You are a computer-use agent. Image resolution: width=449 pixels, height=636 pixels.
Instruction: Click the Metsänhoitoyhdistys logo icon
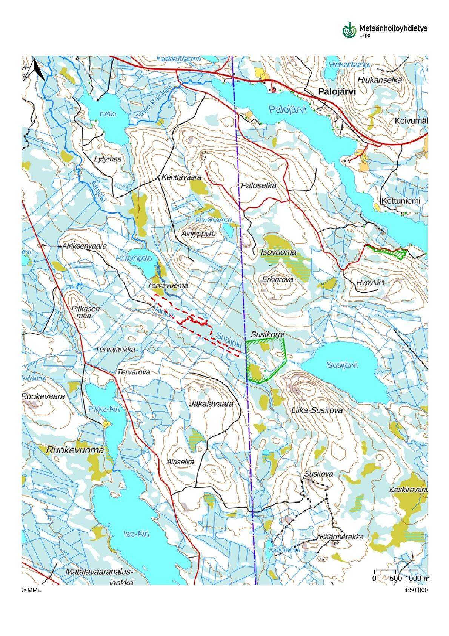[349, 30]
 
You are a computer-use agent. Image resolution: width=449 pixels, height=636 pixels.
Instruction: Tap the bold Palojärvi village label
[337, 91]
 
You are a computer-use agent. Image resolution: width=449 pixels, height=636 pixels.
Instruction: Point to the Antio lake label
[108, 114]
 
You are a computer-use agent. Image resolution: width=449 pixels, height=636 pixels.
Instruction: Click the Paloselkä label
[258, 185]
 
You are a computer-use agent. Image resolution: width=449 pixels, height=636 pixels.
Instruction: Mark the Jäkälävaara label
[211, 404]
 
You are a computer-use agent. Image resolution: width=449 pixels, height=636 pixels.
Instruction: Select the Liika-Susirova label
[317, 410]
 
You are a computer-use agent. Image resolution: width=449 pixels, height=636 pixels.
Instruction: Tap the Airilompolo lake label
[134, 258]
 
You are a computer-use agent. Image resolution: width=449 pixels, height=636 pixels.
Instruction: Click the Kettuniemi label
[400, 201]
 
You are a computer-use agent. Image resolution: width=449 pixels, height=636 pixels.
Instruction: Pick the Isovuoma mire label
[278, 252]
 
